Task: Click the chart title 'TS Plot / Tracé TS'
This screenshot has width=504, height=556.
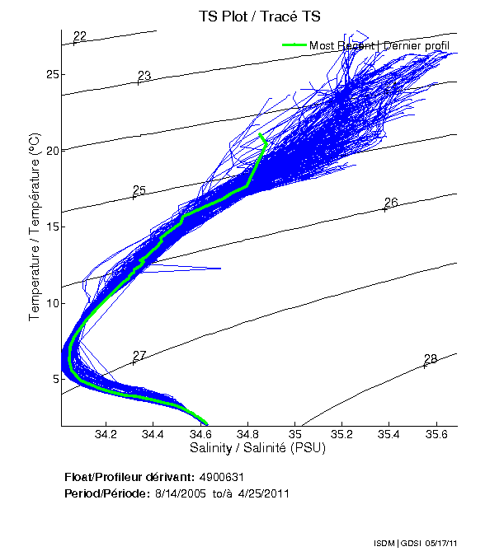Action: pos(258,16)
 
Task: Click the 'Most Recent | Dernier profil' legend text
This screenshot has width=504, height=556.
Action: pos(379,46)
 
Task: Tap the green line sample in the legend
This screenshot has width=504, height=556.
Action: pos(294,46)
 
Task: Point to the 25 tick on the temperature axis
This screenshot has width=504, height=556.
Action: pos(53,74)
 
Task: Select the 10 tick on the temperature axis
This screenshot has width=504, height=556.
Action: pos(53,303)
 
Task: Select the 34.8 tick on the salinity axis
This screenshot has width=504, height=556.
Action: pos(247,435)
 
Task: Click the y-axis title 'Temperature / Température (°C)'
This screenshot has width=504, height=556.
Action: pos(35,227)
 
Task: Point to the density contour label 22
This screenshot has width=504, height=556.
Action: pos(80,36)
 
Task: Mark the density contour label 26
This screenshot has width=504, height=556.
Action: pos(391,203)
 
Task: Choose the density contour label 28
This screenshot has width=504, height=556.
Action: pos(431,359)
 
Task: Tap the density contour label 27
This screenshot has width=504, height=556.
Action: pos(139,356)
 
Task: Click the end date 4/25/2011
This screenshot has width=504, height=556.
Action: pos(262,493)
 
